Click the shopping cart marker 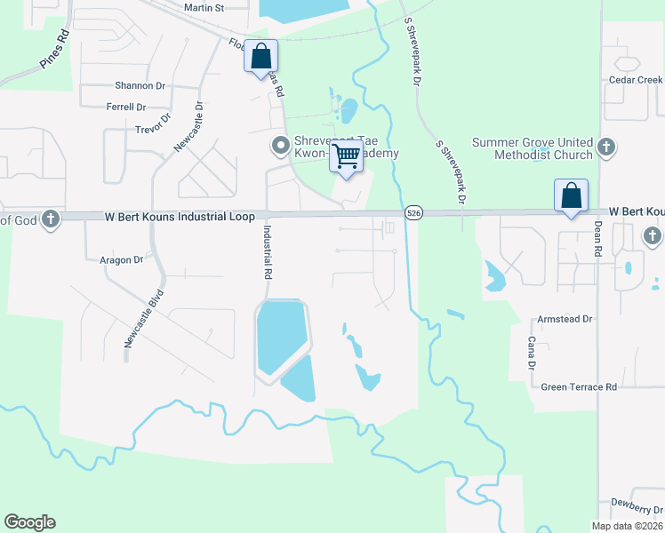click(x=347, y=157)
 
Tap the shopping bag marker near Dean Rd click(x=571, y=195)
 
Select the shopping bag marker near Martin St click(x=260, y=55)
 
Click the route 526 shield click(x=413, y=213)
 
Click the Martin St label click(x=204, y=7)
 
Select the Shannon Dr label click(x=140, y=86)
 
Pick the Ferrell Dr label click(x=125, y=107)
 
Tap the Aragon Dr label click(x=121, y=260)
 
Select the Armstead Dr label click(x=564, y=319)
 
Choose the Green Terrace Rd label click(x=579, y=387)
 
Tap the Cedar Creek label click(x=636, y=79)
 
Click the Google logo click(x=29, y=522)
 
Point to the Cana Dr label click(x=531, y=354)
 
